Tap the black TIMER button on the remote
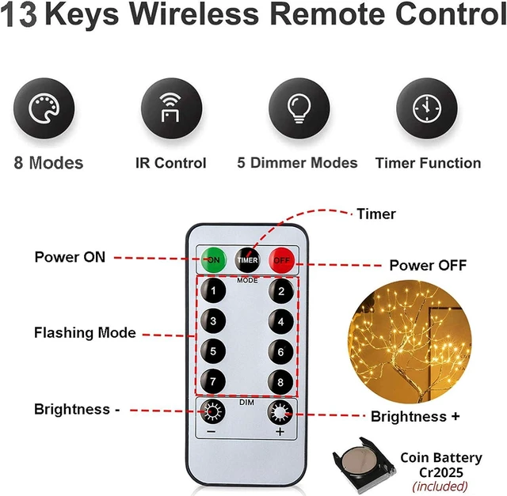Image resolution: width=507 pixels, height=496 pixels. [x=248, y=260]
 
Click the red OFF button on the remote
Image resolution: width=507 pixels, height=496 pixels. [x=282, y=260]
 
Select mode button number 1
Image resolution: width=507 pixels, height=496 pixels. [x=213, y=290]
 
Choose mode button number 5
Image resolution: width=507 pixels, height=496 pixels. [x=213, y=351]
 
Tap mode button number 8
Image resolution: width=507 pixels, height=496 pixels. [x=280, y=382]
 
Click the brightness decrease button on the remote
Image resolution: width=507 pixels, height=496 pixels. [x=212, y=411]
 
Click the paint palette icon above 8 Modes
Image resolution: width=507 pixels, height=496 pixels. [x=44, y=109]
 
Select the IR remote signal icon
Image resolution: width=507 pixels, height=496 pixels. [x=170, y=108]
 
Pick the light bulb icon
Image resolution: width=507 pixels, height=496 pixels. [x=299, y=108]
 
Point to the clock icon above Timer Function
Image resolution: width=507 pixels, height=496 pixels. [x=427, y=108]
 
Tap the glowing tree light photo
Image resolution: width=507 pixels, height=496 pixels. [x=410, y=342]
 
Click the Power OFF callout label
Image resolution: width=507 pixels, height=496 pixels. [x=428, y=266]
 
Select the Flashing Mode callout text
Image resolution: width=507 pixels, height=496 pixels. [x=85, y=332]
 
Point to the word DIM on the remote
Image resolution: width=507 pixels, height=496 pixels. [x=246, y=403]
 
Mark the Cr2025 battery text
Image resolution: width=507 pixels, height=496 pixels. [x=441, y=472]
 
